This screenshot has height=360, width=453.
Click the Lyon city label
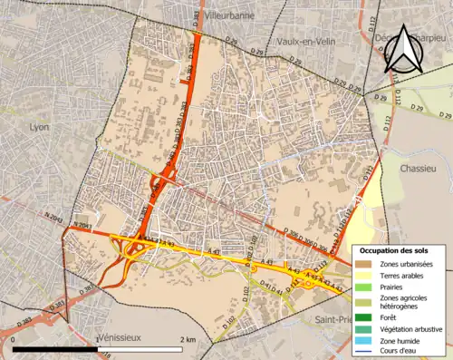(x=39, y=128)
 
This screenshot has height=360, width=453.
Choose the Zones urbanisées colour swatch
(x=364, y=263)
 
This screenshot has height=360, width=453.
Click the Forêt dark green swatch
(x=364, y=317)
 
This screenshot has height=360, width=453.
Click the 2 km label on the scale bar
(x=186, y=339)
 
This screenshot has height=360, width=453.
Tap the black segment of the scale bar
(x=55, y=349)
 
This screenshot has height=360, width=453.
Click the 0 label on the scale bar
(x=14, y=339)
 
